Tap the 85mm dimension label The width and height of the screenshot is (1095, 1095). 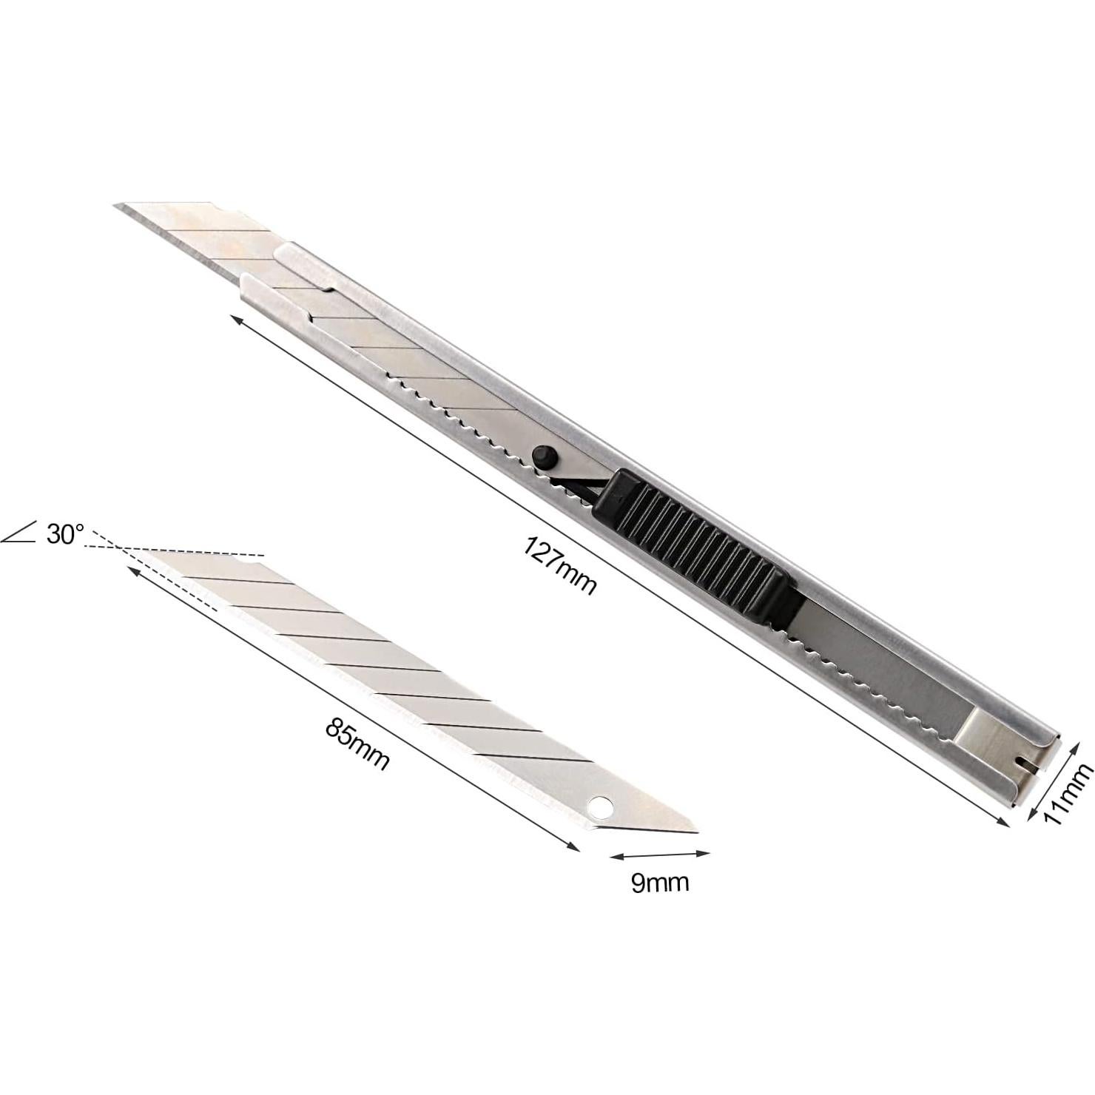pyautogui.click(x=357, y=744)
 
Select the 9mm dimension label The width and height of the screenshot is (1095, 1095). pyautogui.click(x=660, y=883)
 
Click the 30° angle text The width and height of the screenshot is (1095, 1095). pyautogui.click(x=66, y=533)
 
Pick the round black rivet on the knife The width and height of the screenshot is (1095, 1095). pyautogui.click(x=545, y=456)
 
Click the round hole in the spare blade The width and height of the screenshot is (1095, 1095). pyautogui.click(x=602, y=807)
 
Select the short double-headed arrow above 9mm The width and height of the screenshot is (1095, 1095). pyautogui.click(x=659, y=855)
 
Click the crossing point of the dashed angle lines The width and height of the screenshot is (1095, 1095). pyautogui.click(x=118, y=547)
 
